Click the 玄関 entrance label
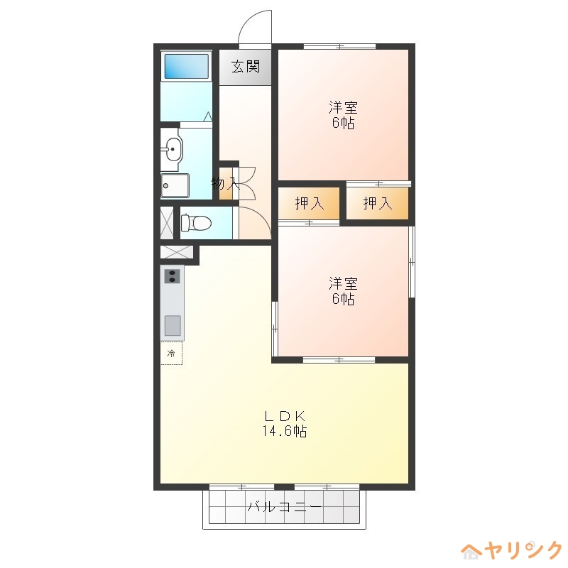pyautogui.click(x=245, y=67)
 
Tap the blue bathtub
pyautogui.click(x=186, y=67)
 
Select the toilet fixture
pyautogui.click(x=196, y=223)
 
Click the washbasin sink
pyautogui.click(x=173, y=149)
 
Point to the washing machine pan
pyautogui.click(x=175, y=186)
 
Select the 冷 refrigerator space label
pyautogui.click(x=170, y=353)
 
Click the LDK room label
pyautogui.click(x=285, y=416)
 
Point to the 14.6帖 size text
pyautogui.click(x=285, y=432)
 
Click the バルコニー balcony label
pyautogui.click(x=285, y=508)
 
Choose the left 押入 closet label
pyautogui.click(x=309, y=204)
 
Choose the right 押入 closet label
pyautogui.click(x=377, y=204)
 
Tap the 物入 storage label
pyautogui.click(x=224, y=184)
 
